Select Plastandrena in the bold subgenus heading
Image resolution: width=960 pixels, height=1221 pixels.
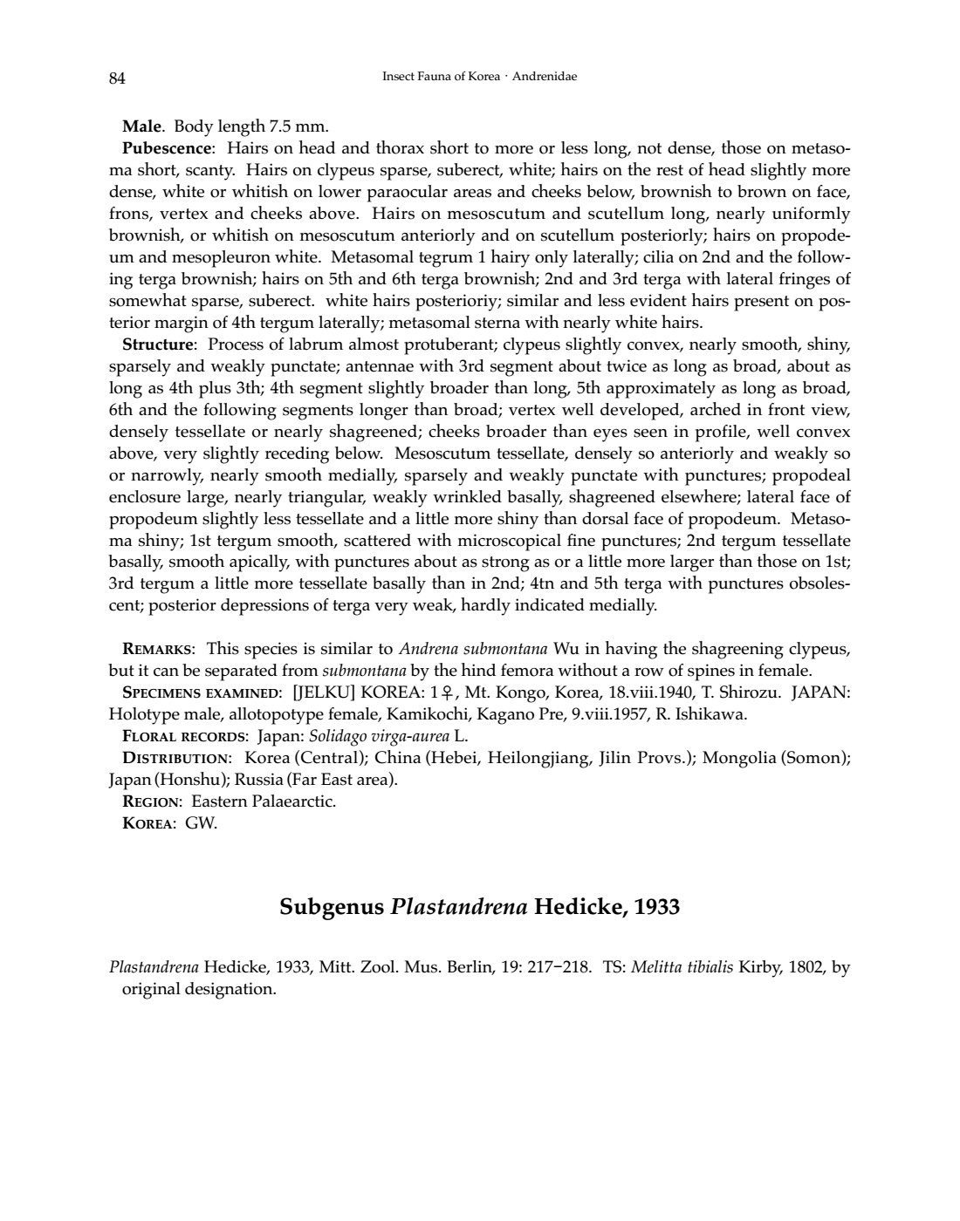pos(458,908)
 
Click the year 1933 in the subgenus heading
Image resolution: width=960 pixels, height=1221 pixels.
pos(655,908)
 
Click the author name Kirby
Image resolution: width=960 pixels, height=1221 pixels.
pos(760,967)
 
